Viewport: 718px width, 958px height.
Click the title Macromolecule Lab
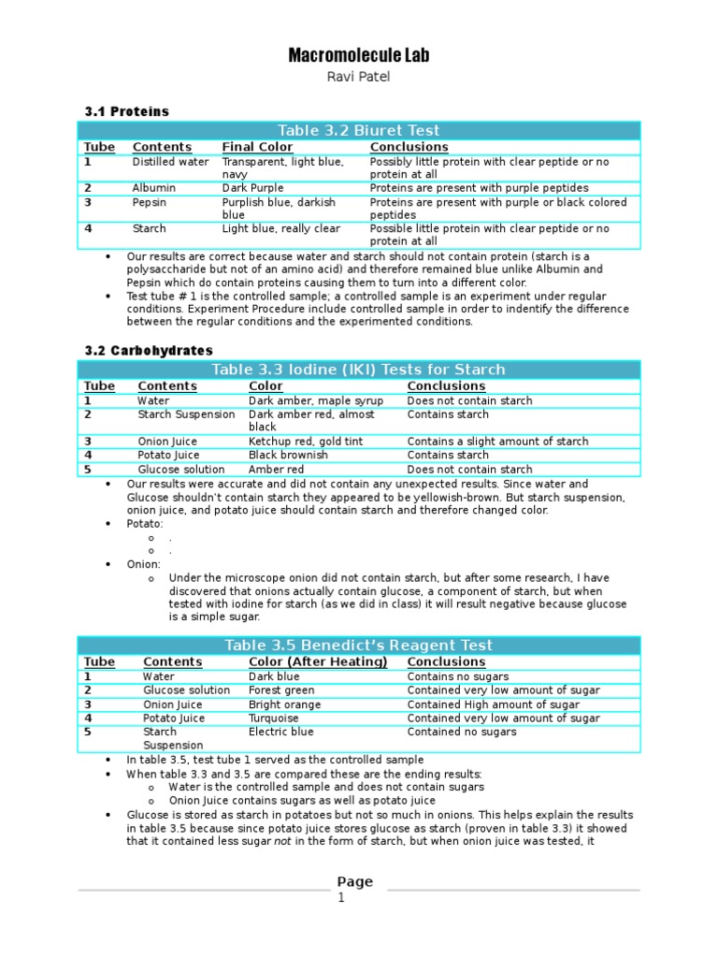coord(359,57)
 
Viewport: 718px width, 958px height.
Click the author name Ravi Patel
coord(359,78)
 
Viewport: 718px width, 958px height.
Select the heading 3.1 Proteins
coord(127,111)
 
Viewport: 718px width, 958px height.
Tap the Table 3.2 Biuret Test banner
coord(359,130)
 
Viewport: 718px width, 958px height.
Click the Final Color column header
coord(257,147)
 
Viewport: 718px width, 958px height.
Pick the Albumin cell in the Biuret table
coord(154,188)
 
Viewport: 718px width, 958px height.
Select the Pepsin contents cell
coord(151,202)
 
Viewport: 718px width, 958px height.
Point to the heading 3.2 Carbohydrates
coord(149,351)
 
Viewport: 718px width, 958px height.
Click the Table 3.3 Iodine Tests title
coord(359,370)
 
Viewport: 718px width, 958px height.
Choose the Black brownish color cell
coord(289,456)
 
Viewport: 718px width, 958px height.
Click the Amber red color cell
coord(276,470)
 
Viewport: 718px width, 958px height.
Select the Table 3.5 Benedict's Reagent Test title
coord(359,646)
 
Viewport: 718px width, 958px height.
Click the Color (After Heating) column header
coord(318,662)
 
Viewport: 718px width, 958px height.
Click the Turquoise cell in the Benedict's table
coord(275,718)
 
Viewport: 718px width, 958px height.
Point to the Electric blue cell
coord(280,732)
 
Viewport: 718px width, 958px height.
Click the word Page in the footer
coord(354,881)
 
